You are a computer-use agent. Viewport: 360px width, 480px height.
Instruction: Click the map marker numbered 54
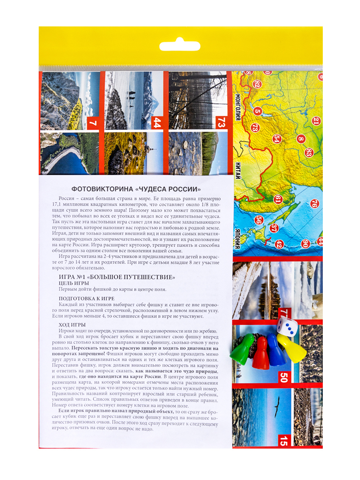click(277, 139)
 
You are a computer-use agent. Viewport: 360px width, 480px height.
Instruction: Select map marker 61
click(278, 200)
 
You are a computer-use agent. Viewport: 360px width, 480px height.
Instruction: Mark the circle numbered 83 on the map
click(308, 152)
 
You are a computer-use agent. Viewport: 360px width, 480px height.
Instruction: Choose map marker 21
click(316, 121)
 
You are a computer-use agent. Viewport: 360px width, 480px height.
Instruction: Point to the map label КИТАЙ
click(238, 171)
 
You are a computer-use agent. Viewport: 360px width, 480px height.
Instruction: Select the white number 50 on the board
click(284, 377)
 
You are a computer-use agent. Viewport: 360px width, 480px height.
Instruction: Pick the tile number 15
click(284, 440)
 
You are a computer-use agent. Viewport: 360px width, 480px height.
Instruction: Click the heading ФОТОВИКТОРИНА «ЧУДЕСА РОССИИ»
click(136, 189)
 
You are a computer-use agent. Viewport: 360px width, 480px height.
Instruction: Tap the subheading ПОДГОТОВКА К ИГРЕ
click(86, 298)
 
